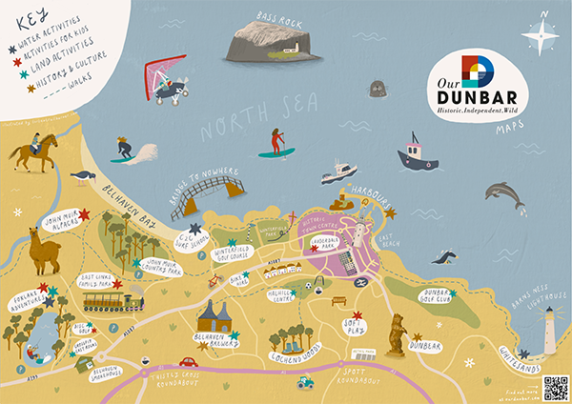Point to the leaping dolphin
coord(503,194)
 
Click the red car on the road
coord(188,362)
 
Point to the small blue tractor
coord(307,381)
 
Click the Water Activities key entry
coord(48,30)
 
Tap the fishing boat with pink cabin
coord(419,155)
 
